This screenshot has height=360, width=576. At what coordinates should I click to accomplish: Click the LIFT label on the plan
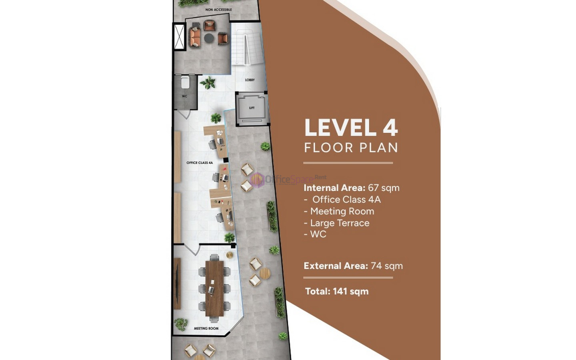pyautogui.click(x=252, y=108)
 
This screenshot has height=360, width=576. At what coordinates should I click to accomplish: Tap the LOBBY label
pyautogui.click(x=250, y=80)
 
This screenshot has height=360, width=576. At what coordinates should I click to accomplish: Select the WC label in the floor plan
pyautogui.click(x=184, y=96)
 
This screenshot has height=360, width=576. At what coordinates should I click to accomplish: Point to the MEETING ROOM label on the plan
pyautogui.click(x=206, y=328)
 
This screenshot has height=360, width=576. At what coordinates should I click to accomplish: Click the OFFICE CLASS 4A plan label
pyautogui.click(x=200, y=163)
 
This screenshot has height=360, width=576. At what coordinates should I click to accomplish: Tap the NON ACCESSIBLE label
pyautogui.click(x=218, y=10)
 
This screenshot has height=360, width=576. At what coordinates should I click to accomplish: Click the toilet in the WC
pyautogui.click(x=185, y=82)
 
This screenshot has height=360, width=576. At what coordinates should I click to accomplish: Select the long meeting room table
pyautogui.click(x=214, y=288)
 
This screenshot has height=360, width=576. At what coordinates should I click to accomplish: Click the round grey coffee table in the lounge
pyautogui.click(x=209, y=38)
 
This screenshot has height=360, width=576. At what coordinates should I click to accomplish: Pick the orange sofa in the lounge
pyautogui.click(x=195, y=38)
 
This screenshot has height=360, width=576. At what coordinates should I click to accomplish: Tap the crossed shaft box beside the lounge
pyautogui.click(x=179, y=36)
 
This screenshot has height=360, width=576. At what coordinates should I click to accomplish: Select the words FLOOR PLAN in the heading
pyautogui.click(x=351, y=148)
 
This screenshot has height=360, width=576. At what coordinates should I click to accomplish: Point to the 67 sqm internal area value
pyautogui.click(x=384, y=188)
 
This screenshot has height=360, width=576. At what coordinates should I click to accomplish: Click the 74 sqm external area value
pyautogui.click(x=387, y=266)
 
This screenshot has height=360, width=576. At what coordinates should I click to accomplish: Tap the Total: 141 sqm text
pyautogui.click(x=337, y=291)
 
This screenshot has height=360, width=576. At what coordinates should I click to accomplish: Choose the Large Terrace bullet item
pyautogui.click(x=337, y=223)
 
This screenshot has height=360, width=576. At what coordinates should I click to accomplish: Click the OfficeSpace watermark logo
pyautogui.click(x=288, y=179)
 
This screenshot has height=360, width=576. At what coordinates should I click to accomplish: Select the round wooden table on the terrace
pyautogui.click(x=265, y=273)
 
